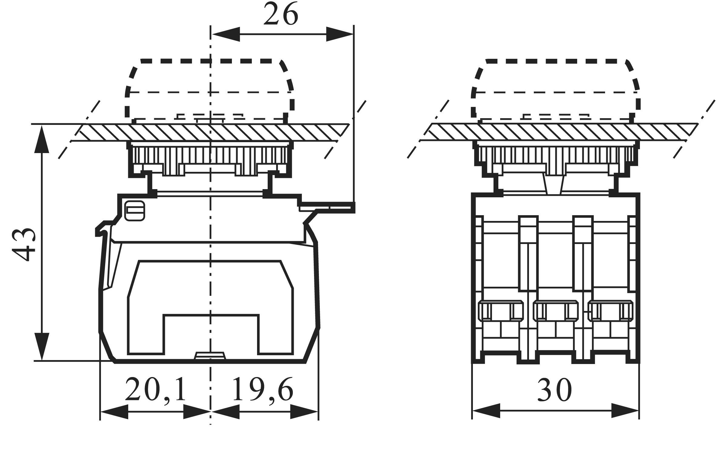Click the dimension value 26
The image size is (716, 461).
tap(281, 14)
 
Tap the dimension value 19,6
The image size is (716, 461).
tap(263, 389)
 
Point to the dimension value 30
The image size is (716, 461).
tap(554, 390)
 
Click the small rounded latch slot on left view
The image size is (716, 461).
tap(135, 211)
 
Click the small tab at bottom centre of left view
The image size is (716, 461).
tap(210, 356)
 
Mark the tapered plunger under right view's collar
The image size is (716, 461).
tap(554, 185)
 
